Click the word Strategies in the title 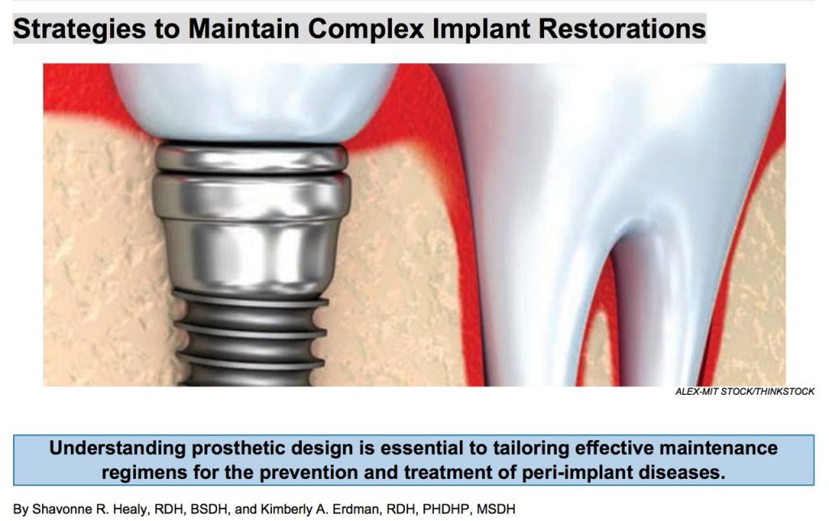click(79, 29)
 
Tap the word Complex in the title click(366, 29)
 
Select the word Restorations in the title click(622, 28)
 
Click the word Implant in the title click(481, 29)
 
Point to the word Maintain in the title click(244, 28)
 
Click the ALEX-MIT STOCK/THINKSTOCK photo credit click(745, 392)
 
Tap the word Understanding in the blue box click(117, 448)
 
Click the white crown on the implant click(253, 100)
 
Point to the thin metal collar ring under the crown click(252, 158)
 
